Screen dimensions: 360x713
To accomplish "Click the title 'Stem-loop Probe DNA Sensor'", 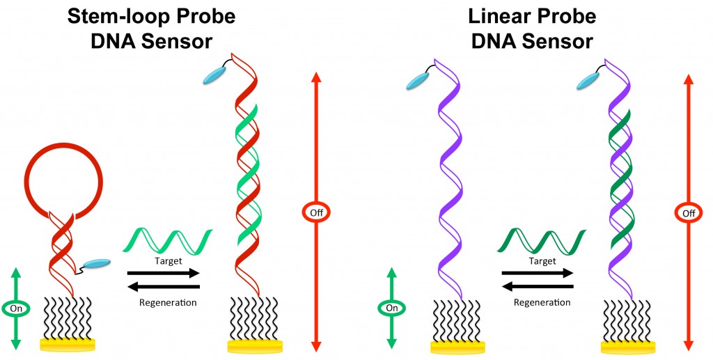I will coord(150,29).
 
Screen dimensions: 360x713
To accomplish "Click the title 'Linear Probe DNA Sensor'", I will coord(531,29).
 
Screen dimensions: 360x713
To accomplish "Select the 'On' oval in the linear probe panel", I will coord(392,306).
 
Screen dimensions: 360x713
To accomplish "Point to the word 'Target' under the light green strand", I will coord(165,261).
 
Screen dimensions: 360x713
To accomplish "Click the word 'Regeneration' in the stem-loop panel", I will coord(168,302).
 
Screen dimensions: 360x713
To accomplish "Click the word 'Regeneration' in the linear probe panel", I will coord(542,302).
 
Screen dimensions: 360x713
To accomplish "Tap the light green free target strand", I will coord(165,240).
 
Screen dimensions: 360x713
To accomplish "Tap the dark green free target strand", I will coord(539,240).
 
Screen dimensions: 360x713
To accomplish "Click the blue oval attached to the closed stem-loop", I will coord(97,264).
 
